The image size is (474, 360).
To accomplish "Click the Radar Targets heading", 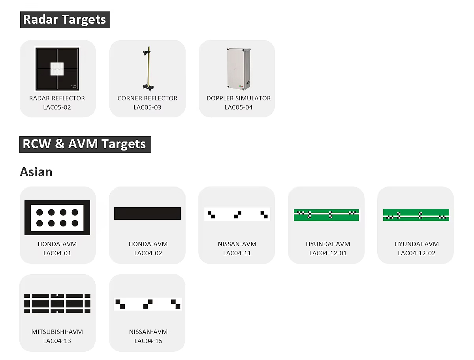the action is click(65, 20).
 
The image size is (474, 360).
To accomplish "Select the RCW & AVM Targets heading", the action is click(85, 145).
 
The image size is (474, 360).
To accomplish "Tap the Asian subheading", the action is click(36, 172).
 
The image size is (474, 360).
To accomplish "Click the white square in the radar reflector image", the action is click(57, 69).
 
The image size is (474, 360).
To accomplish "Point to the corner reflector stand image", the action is click(148, 69).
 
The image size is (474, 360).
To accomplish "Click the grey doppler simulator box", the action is click(239, 69).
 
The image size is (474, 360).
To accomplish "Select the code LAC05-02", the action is click(57, 107).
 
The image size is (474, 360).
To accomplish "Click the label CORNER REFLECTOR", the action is click(147, 98).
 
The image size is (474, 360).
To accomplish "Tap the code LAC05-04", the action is click(239, 107).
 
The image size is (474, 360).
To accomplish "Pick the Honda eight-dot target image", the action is click(57, 218).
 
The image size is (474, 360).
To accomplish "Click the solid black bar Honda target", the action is click(147, 213).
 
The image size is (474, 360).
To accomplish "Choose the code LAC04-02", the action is click(148, 253).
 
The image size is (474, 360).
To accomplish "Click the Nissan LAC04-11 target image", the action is click(237, 214).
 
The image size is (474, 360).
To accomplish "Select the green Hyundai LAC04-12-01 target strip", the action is click(326, 215).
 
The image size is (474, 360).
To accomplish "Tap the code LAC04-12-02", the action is click(416, 253).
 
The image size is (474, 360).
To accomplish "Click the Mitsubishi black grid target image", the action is click(57, 303).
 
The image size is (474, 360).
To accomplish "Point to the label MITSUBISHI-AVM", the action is click(57, 332).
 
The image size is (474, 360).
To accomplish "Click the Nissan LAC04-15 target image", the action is click(148, 304).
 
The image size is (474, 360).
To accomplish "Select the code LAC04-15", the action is click(148, 341).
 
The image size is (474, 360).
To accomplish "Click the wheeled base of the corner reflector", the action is click(148, 87).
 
